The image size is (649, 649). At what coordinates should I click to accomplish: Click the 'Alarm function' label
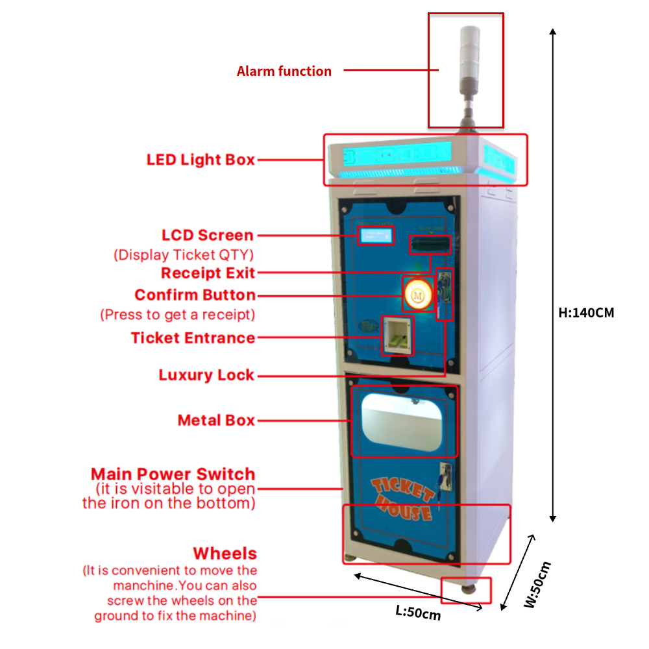coord(284,71)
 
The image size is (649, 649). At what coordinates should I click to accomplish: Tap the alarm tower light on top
coord(466,62)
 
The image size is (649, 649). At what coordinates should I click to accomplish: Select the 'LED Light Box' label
coord(201,160)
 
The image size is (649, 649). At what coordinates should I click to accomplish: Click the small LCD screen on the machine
coord(374,236)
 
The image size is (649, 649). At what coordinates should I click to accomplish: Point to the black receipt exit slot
coord(428,245)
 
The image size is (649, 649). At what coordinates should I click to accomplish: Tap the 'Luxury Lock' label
coord(206,375)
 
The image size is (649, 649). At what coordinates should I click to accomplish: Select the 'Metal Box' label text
coord(216,421)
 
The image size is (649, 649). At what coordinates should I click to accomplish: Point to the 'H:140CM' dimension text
coord(586,313)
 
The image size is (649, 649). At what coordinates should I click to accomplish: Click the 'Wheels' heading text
coord(225,554)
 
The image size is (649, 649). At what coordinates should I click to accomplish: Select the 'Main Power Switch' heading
coord(173,474)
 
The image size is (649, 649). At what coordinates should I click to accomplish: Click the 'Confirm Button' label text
coord(195,295)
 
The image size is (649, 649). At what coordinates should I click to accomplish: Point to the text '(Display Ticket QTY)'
coord(184,254)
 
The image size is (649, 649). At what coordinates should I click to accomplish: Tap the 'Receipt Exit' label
coord(208,273)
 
